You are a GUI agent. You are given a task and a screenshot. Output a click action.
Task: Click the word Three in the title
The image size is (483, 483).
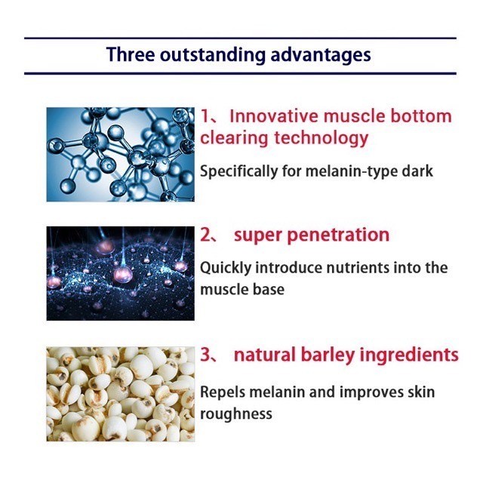131,54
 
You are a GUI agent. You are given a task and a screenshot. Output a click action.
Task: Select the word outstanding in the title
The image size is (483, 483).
213,55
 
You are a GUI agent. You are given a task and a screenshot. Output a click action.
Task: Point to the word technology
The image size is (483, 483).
321,138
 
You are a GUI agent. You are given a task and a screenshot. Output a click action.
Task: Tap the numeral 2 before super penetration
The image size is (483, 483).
205,235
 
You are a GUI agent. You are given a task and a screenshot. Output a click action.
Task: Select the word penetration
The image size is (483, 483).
338,235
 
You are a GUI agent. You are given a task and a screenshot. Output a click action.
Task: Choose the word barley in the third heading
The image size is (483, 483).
328,355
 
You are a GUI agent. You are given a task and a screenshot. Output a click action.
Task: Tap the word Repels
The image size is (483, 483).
223,392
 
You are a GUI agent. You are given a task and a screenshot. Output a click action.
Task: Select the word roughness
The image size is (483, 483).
236,414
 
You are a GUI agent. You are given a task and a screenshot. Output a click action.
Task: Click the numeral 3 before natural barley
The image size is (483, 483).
205,355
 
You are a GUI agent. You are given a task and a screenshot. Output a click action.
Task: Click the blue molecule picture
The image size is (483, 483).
121,154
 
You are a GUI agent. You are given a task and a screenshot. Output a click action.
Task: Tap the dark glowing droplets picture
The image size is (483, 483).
121,273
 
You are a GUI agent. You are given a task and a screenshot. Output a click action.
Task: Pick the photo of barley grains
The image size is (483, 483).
121,394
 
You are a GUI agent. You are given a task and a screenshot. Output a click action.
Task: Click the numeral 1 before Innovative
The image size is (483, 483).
205,116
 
